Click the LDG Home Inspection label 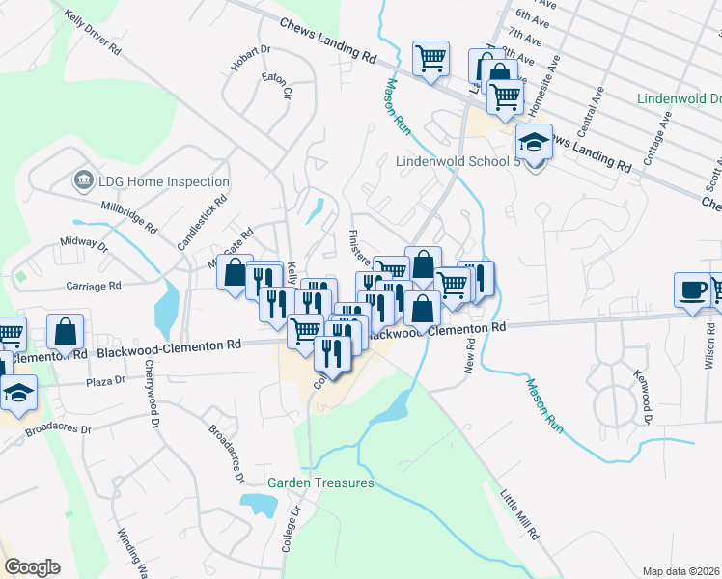pos(163,181)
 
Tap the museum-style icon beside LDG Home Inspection pos(82,180)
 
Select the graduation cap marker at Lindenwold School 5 pos(534,143)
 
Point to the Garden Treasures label pos(320,482)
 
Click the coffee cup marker pos(692,290)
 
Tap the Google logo pos(32,567)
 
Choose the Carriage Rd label pos(94,286)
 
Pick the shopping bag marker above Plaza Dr pos(66,331)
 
